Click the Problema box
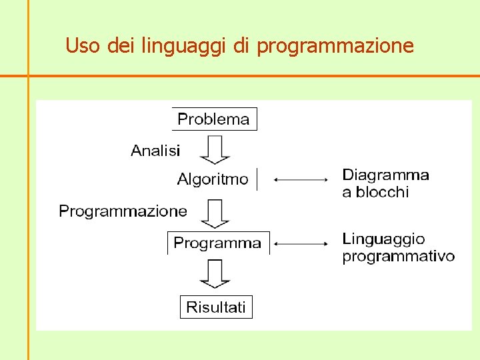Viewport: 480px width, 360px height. [x=214, y=119]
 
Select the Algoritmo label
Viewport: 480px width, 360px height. [x=213, y=179]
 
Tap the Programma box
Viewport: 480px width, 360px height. [x=218, y=243]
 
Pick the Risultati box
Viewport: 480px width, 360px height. [x=216, y=307]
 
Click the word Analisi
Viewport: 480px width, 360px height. [x=155, y=151]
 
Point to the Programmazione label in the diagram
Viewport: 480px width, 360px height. [x=123, y=211]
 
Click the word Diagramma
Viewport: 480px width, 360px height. [x=385, y=175]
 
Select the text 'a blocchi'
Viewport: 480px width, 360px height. [x=375, y=193]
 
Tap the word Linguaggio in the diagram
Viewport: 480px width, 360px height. [x=383, y=239]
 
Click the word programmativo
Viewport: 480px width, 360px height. [x=398, y=257]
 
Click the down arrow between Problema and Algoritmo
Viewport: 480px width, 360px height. [x=215, y=149]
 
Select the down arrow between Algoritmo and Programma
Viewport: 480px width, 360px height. [x=215, y=213]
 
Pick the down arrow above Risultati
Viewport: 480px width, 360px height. [x=215, y=273]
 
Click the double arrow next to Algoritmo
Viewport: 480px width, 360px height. [x=301, y=179]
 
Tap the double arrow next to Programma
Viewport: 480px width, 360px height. [x=301, y=244]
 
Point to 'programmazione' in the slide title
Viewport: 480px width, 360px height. [x=335, y=47]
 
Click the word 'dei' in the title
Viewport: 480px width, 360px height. [x=119, y=46]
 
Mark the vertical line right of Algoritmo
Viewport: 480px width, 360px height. [x=257, y=179]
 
